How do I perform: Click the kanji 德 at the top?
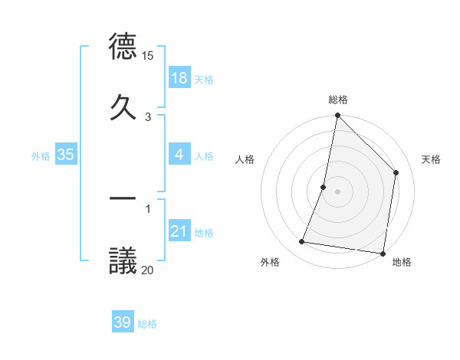coord(123,47)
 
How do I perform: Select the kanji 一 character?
coord(123,198)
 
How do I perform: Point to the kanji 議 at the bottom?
coord(123,260)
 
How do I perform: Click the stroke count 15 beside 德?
coord(147,56)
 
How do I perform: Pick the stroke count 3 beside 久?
coord(147,116)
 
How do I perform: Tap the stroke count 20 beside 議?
coord(147,269)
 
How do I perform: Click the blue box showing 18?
coord(179,77)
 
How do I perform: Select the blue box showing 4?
coord(179,155)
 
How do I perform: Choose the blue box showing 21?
coord(179,231)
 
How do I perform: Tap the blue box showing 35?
coord(66,155)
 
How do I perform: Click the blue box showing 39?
coord(123,322)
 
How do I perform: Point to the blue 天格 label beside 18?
coord(204,79)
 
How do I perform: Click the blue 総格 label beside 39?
coord(147,324)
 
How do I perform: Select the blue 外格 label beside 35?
coord(41,155)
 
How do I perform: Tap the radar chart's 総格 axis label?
coord(337,100)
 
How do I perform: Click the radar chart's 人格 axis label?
coord(245,159)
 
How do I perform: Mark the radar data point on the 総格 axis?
coord(337,116)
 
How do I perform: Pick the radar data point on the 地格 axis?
coord(382,253)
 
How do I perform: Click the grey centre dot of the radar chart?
coord(337,191)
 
